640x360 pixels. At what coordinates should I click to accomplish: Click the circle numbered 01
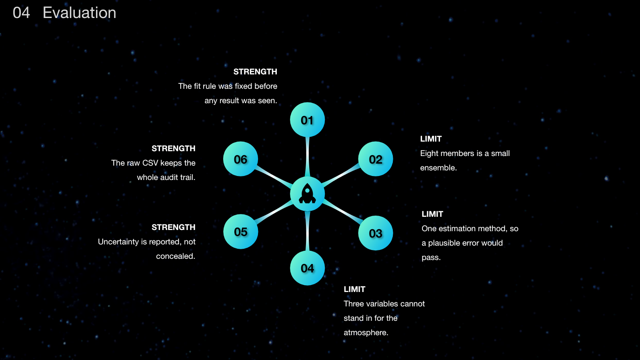click(x=307, y=120)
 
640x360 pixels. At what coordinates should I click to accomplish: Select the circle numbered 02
click(x=376, y=159)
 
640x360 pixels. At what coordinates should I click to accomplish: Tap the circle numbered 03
click(x=376, y=233)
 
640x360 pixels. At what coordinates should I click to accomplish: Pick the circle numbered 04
click(x=307, y=268)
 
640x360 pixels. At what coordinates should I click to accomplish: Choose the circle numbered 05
click(x=240, y=232)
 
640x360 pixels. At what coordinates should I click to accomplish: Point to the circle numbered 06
click(x=240, y=159)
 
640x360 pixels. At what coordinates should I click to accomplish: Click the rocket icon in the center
click(x=307, y=194)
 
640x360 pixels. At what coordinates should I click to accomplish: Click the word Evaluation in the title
click(x=80, y=13)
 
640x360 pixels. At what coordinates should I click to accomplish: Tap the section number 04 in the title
click(x=21, y=13)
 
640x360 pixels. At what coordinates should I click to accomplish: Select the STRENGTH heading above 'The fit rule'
click(x=255, y=72)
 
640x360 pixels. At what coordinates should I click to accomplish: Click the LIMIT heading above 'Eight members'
click(x=431, y=139)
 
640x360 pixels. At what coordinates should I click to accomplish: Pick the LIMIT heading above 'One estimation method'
click(x=432, y=214)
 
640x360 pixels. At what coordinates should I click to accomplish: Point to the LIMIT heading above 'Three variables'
click(x=354, y=290)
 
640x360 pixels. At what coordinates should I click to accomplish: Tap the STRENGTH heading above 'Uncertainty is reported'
click(x=174, y=228)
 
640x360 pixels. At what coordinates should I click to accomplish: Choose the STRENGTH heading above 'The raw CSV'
click(x=174, y=148)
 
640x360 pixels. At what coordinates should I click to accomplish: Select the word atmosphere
click(x=366, y=332)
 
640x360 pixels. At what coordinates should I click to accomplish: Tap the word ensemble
click(x=438, y=168)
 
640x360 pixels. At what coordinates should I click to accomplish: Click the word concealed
click(x=176, y=256)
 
